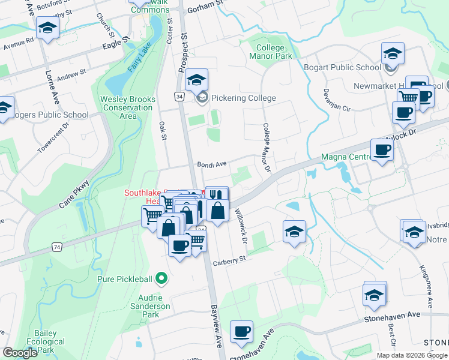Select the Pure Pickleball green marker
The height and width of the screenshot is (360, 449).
coord(161,278)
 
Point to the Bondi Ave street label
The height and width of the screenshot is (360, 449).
coord(212,164)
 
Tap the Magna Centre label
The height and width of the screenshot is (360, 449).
coord(345,157)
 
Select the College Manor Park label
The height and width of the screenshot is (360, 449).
coord(274,52)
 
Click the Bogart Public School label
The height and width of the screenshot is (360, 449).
coord(343,67)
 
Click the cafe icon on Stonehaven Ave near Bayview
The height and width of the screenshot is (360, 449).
coord(241,331)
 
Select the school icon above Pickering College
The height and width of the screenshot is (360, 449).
coord(196,79)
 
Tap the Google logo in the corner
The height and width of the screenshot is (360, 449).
coord(20,353)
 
